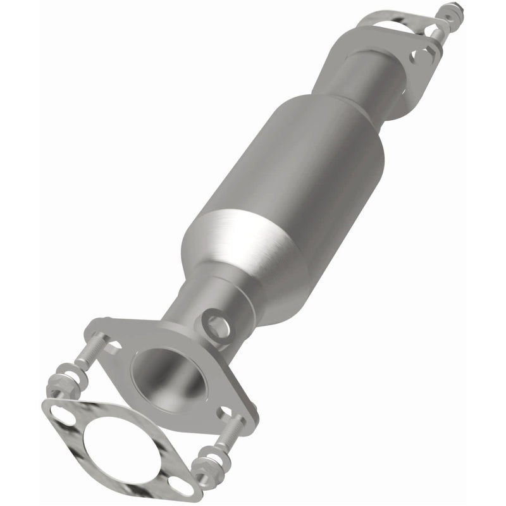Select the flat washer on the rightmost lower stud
tap(222, 453)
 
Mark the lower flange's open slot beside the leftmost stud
tap(114, 345)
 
